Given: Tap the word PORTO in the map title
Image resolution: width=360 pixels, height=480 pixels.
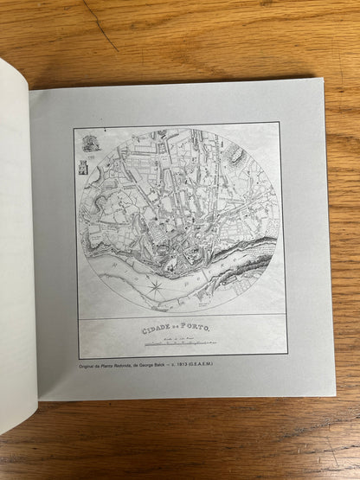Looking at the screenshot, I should tap(200, 330).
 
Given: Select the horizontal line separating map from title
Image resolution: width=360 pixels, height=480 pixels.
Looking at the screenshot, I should tap(182, 317).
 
